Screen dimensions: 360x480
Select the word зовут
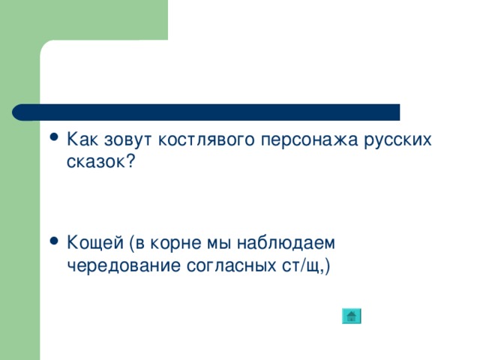tap(126, 139)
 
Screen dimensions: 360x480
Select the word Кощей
tap(94, 244)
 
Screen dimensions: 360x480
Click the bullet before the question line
tap(52, 139)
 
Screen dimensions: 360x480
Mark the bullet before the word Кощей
tap(52, 243)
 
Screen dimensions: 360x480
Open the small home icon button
tap(351, 316)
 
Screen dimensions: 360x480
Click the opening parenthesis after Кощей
tap(132, 244)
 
